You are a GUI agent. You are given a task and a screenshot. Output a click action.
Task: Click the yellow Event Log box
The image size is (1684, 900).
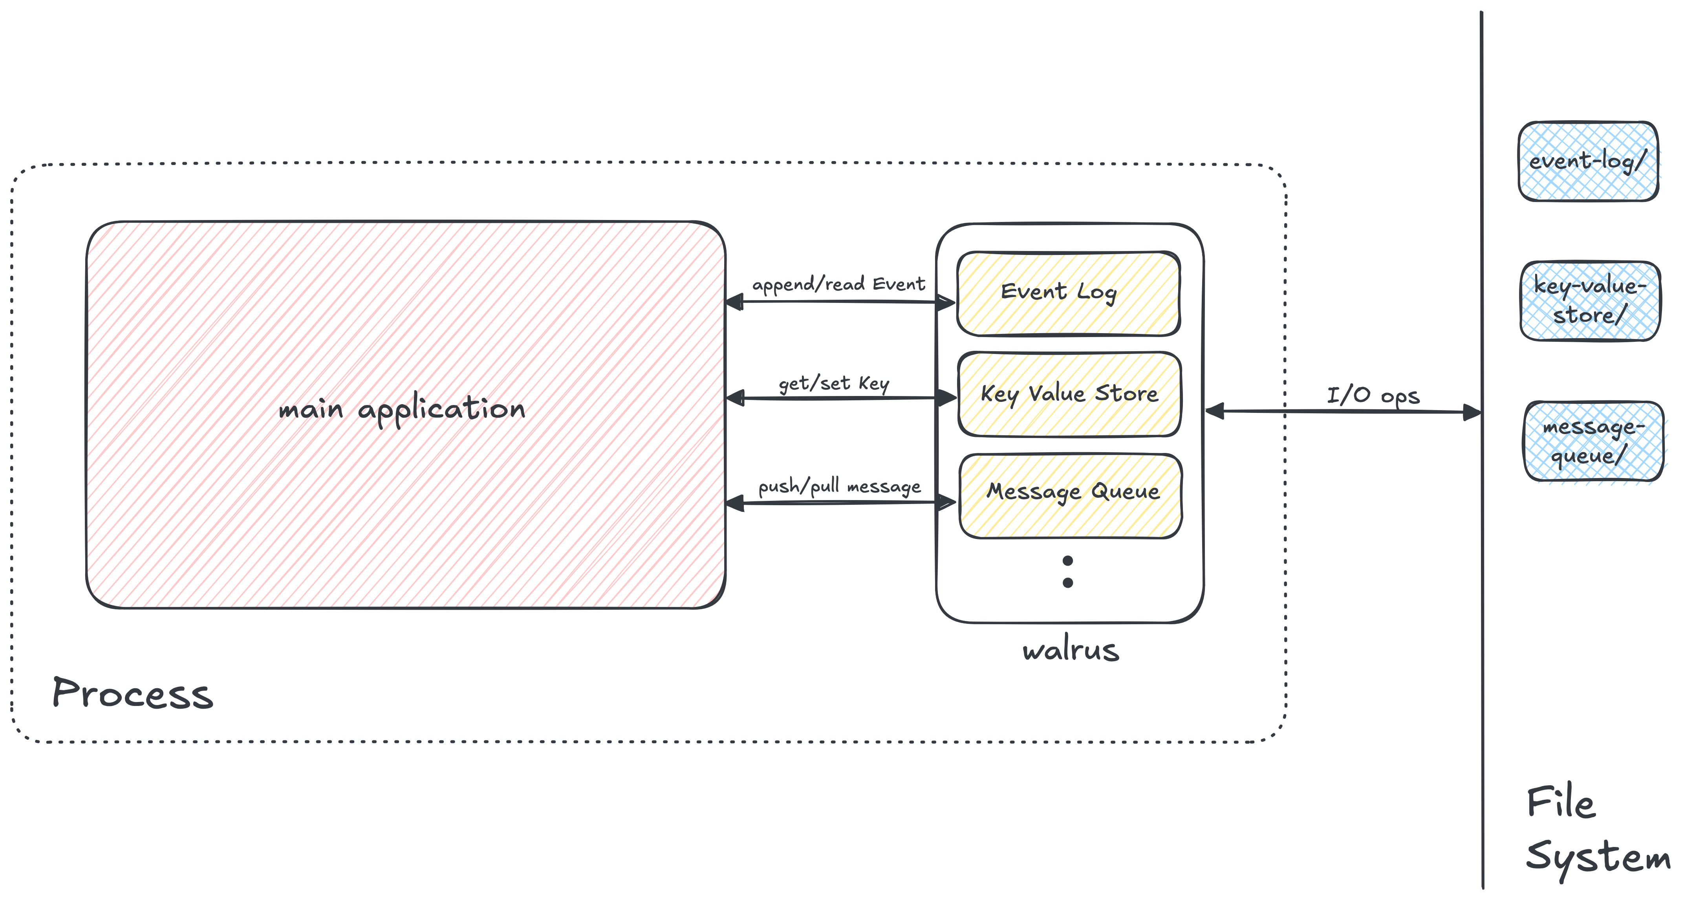1068,294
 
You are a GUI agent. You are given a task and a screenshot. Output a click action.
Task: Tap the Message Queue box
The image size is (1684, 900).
1071,496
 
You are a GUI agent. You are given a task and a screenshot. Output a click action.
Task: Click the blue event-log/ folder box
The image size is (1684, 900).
1588,161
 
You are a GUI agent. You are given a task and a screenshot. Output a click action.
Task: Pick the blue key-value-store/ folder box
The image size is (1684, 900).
1590,301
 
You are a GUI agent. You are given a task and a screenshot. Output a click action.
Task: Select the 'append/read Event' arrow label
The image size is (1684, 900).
838,284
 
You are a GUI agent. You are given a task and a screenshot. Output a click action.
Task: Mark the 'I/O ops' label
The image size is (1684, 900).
1373,396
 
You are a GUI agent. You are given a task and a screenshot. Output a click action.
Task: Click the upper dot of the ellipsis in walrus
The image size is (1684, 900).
1067,561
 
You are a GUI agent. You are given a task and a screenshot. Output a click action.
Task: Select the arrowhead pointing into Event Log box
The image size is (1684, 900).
945,303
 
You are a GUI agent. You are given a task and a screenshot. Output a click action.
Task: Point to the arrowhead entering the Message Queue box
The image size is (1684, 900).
946,502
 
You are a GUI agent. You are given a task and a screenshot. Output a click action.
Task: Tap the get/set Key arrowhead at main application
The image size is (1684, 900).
736,398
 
